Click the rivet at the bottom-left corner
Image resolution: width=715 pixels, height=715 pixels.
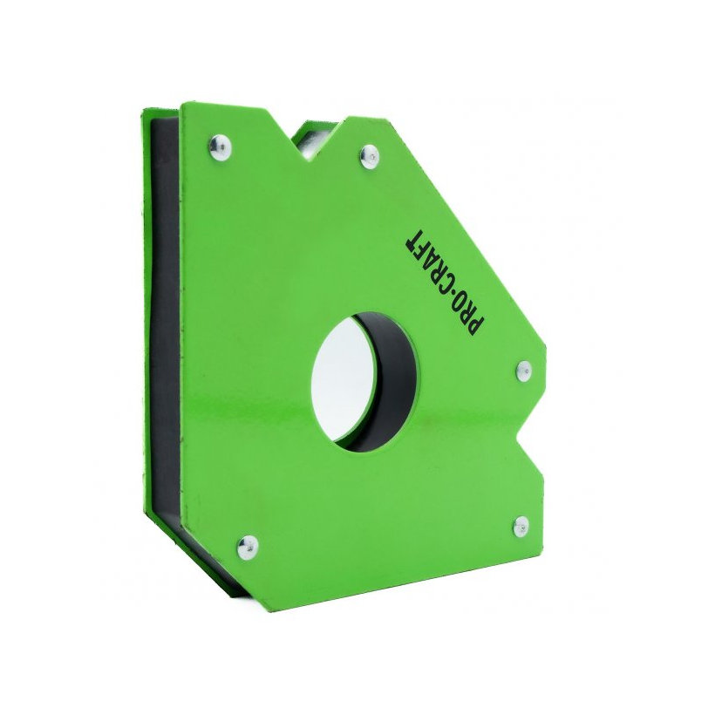(x=246, y=547)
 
